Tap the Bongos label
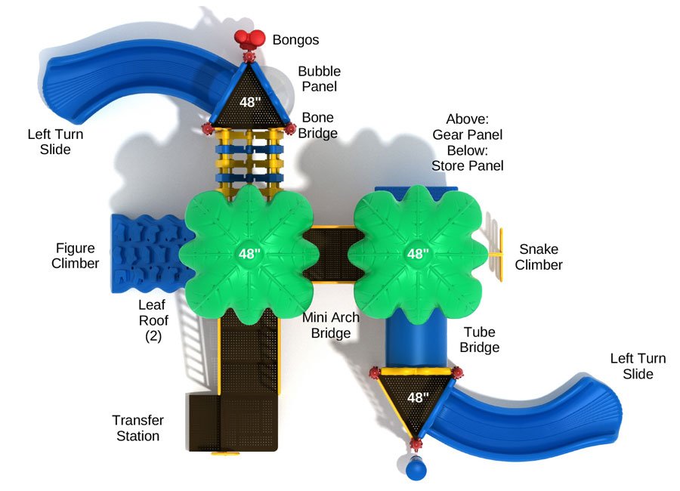pos(295,40)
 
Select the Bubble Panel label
pos(319,79)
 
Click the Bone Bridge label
pos(317,125)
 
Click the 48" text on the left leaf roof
pos(249,253)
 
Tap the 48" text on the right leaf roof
pos(417,254)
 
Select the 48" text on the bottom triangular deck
pos(417,397)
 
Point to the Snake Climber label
pos(539,257)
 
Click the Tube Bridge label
pos(481,339)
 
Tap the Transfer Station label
pos(138,428)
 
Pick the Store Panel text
pos(467,165)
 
